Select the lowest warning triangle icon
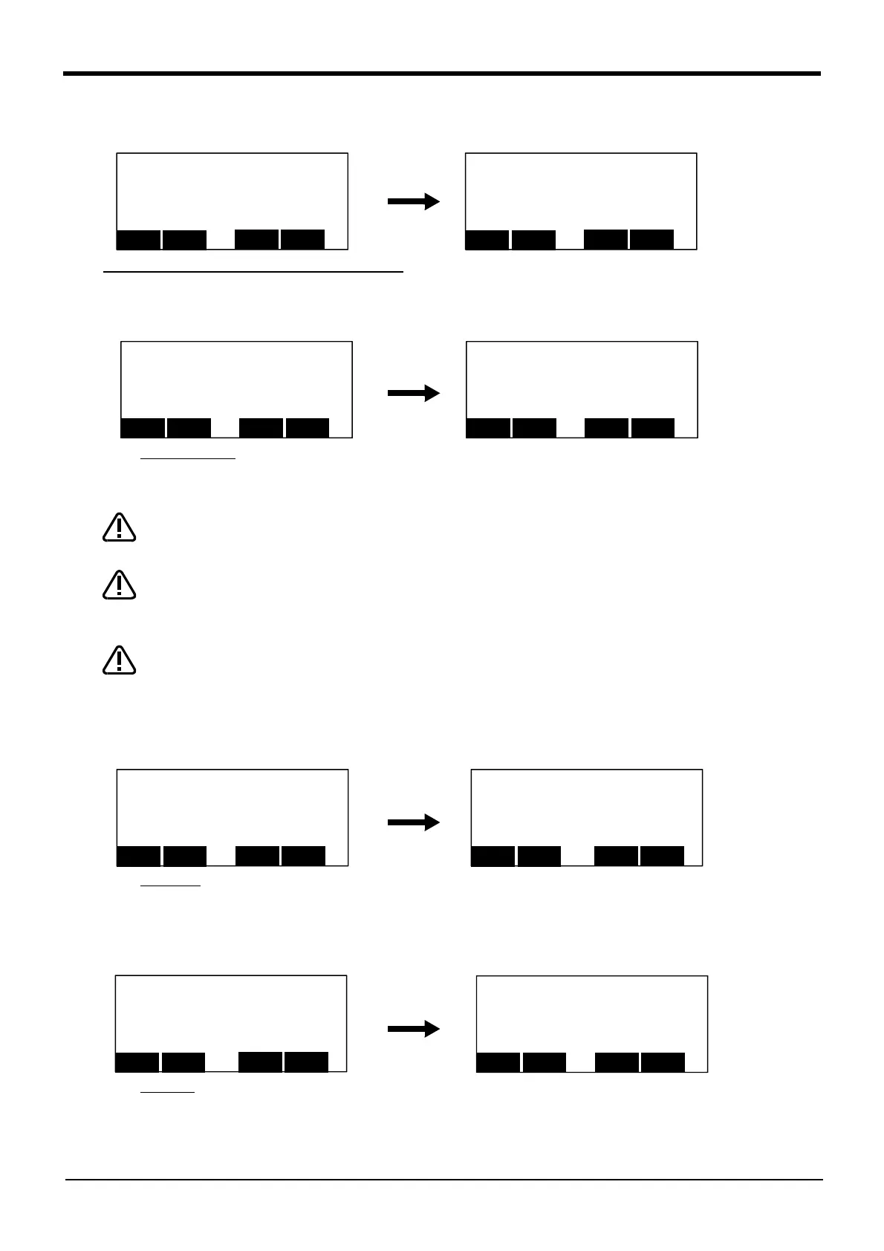(x=119, y=660)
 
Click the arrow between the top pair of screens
(x=414, y=201)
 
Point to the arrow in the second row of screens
(x=414, y=393)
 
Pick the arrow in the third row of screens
(x=414, y=822)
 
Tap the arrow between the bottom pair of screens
(x=414, y=1029)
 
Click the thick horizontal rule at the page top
(x=442, y=74)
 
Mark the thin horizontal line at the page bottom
(x=444, y=1179)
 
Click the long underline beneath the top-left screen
(x=253, y=273)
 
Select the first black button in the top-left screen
(x=139, y=240)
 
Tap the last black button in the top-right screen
(x=651, y=239)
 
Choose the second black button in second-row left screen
(x=189, y=428)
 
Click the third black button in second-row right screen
(x=607, y=428)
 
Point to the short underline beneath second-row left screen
(x=188, y=459)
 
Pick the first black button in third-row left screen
(x=139, y=856)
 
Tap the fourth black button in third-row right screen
(x=662, y=856)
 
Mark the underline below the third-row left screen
(x=171, y=886)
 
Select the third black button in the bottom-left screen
(x=260, y=1062)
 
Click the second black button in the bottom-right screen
(x=545, y=1062)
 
